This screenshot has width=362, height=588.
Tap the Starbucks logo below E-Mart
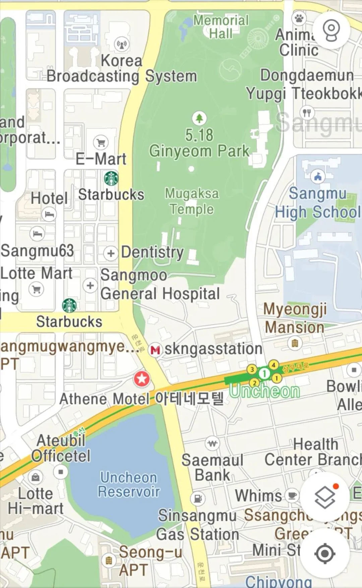point(111,178)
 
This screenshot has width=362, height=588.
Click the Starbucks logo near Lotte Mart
point(69,305)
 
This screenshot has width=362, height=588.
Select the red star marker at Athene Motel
point(142,379)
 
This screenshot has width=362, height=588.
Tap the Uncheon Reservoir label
point(129,485)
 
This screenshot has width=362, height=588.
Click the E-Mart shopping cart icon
point(101,143)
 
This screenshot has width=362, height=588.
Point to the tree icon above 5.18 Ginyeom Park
point(199,118)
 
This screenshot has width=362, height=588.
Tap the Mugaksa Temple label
point(192,201)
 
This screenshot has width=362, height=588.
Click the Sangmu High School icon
point(318,176)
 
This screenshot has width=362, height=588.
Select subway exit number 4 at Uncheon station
point(274,365)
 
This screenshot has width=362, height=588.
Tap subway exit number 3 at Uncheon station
point(252,369)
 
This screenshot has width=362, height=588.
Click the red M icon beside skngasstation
point(155,350)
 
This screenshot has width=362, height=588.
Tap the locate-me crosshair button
point(325,554)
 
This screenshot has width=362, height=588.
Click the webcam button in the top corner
point(331,30)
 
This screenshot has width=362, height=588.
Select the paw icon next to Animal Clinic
point(299,18)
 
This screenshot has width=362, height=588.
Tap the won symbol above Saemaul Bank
point(213,444)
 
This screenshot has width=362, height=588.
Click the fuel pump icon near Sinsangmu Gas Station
point(198,498)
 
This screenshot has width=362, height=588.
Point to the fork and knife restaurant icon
point(307,113)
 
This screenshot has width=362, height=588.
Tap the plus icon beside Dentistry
point(111,253)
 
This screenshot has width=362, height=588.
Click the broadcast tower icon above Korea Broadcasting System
point(122,44)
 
